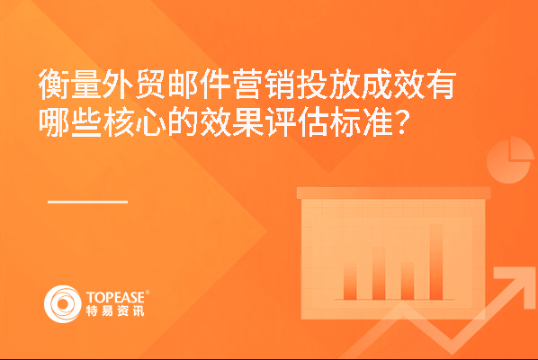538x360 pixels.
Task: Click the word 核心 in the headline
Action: [135, 121]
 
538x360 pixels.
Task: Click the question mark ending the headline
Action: [403, 121]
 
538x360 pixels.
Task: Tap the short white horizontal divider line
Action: [88, 202]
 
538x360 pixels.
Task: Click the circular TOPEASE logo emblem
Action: [62, 304]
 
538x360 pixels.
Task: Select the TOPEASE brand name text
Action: [116, 297]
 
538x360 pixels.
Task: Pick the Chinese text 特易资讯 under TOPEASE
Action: [115, 310]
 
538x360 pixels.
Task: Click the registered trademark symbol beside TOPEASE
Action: [148, 292]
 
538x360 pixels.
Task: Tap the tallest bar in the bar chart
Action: [436, 262]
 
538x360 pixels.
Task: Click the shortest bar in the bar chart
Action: [350, 282]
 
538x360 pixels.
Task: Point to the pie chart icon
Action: [510, 159]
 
